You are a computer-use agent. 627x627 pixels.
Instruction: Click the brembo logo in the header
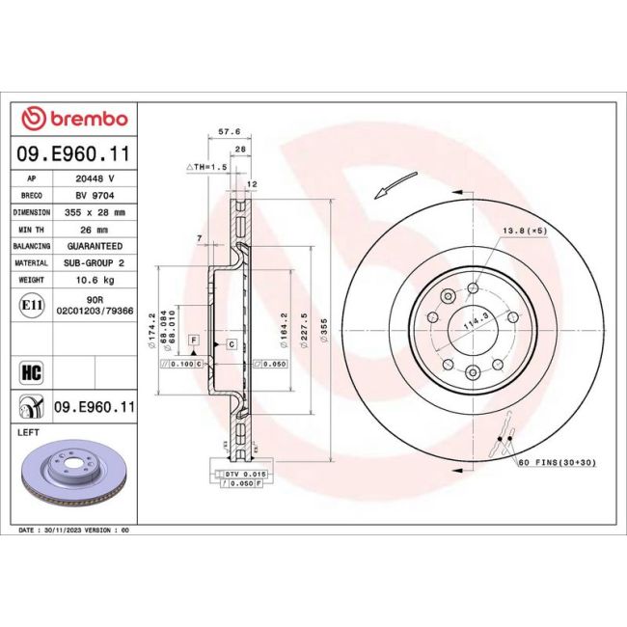(x=74, y=119)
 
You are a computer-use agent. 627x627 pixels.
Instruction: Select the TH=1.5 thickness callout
(x=207, y=166)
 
